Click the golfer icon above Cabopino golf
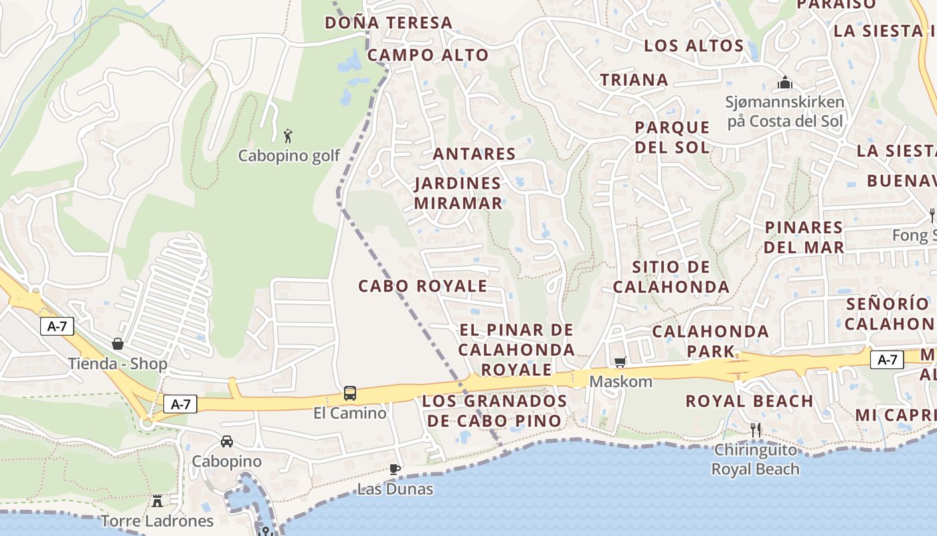click(x=288, y=136)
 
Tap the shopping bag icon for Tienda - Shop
click(x=118, y=344)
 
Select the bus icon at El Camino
click(x=350, y=393)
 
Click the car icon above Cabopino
click(x=227, y=442)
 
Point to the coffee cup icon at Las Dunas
click(x=395, y=469)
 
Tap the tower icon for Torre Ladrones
click(x=157, y=500)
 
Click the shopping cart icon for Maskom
click(x=620, y=362)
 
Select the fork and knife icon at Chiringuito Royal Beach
click(x=756, y=430)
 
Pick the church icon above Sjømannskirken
click(x=785, y=82)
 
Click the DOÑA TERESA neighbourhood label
click(x=389, y=23)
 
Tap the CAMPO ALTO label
click(x=428, y=55)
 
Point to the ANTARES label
click(x=475, y=154)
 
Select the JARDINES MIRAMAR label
click(x=458, y=193)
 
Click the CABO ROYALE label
click(x=422, y=286)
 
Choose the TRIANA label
click(x=634, y=80)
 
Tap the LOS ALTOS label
click(x=693, y=46)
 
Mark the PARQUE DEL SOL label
click(x=672, y=137)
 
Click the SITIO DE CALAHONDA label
click(x=671, y=277)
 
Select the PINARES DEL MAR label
click(x=804, y=237)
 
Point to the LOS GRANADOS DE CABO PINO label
click(x=495, y=411)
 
